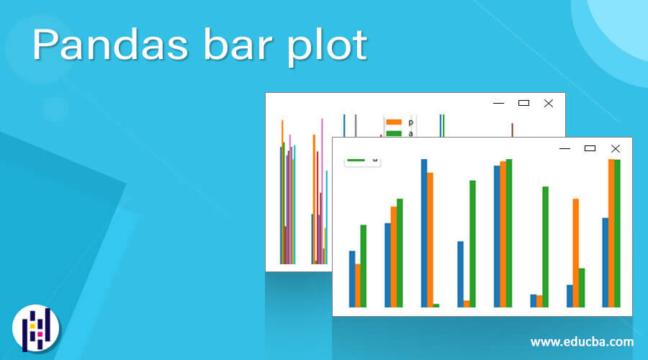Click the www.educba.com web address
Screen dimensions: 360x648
pyautogui.click(x=582, y=341)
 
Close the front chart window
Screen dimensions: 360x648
pyautogui.click(x=615, y=148)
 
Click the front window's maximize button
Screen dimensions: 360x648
pyautogui.click(x=590, y=148)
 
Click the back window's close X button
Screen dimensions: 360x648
pyautogui.click(x=549, y=103)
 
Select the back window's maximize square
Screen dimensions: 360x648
pyautogui.click(x=523, y=103)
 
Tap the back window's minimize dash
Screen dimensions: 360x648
pyautogui.click(x=498, y=103)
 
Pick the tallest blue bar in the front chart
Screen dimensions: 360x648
pyautogui.click(x=424, y=233)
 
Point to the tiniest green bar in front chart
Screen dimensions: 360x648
pyautogui.click(x=436, y=305)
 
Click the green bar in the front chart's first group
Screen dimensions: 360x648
pyautogui.click(x=364, y=266)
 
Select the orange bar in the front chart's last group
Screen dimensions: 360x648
pyautogui.click(x=611, y=233)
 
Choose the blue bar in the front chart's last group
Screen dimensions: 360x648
pyautogui.click(x=606, y=262)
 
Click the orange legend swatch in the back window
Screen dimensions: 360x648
pyautogui.click(x=394, y=122)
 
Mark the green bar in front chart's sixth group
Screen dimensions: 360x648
pyautogui.click(x=545, y=246)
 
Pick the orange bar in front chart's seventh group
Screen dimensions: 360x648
pyautogui.click(x=575, y=253)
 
